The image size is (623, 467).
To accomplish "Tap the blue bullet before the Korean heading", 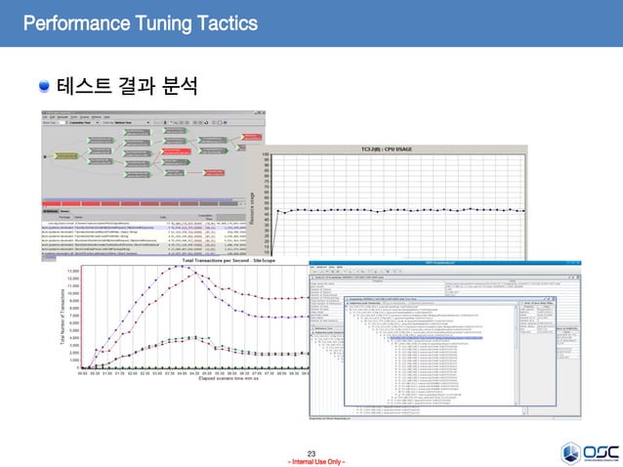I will point(44,88).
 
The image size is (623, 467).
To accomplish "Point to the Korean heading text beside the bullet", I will point(127,88).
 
